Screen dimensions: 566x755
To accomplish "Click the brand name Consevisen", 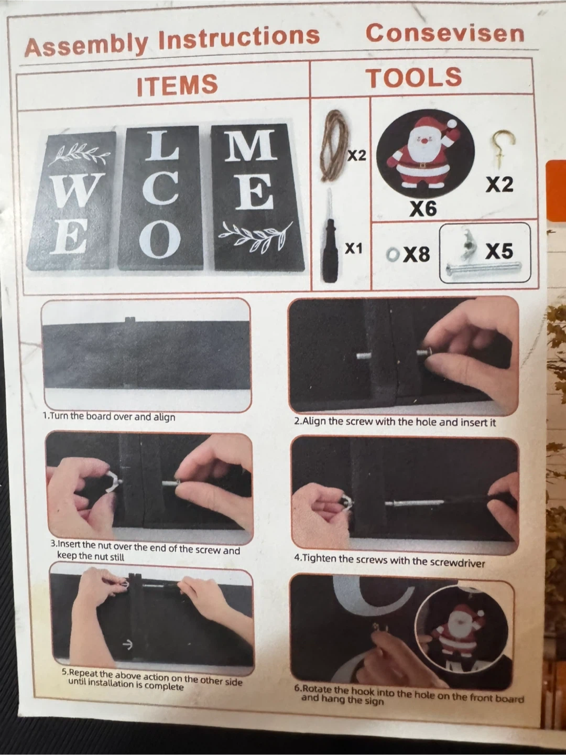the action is tap(445, 34).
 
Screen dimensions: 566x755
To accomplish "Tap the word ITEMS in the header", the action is tap(177, 84).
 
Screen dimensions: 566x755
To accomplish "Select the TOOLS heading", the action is tap(416, 78).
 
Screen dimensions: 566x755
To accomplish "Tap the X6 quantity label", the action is tap(423, 209).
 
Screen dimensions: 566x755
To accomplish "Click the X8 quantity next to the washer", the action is tap(417, 254).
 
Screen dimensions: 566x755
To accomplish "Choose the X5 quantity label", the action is tap(499, 251).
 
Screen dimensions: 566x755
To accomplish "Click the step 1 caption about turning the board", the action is tap(109, 416).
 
